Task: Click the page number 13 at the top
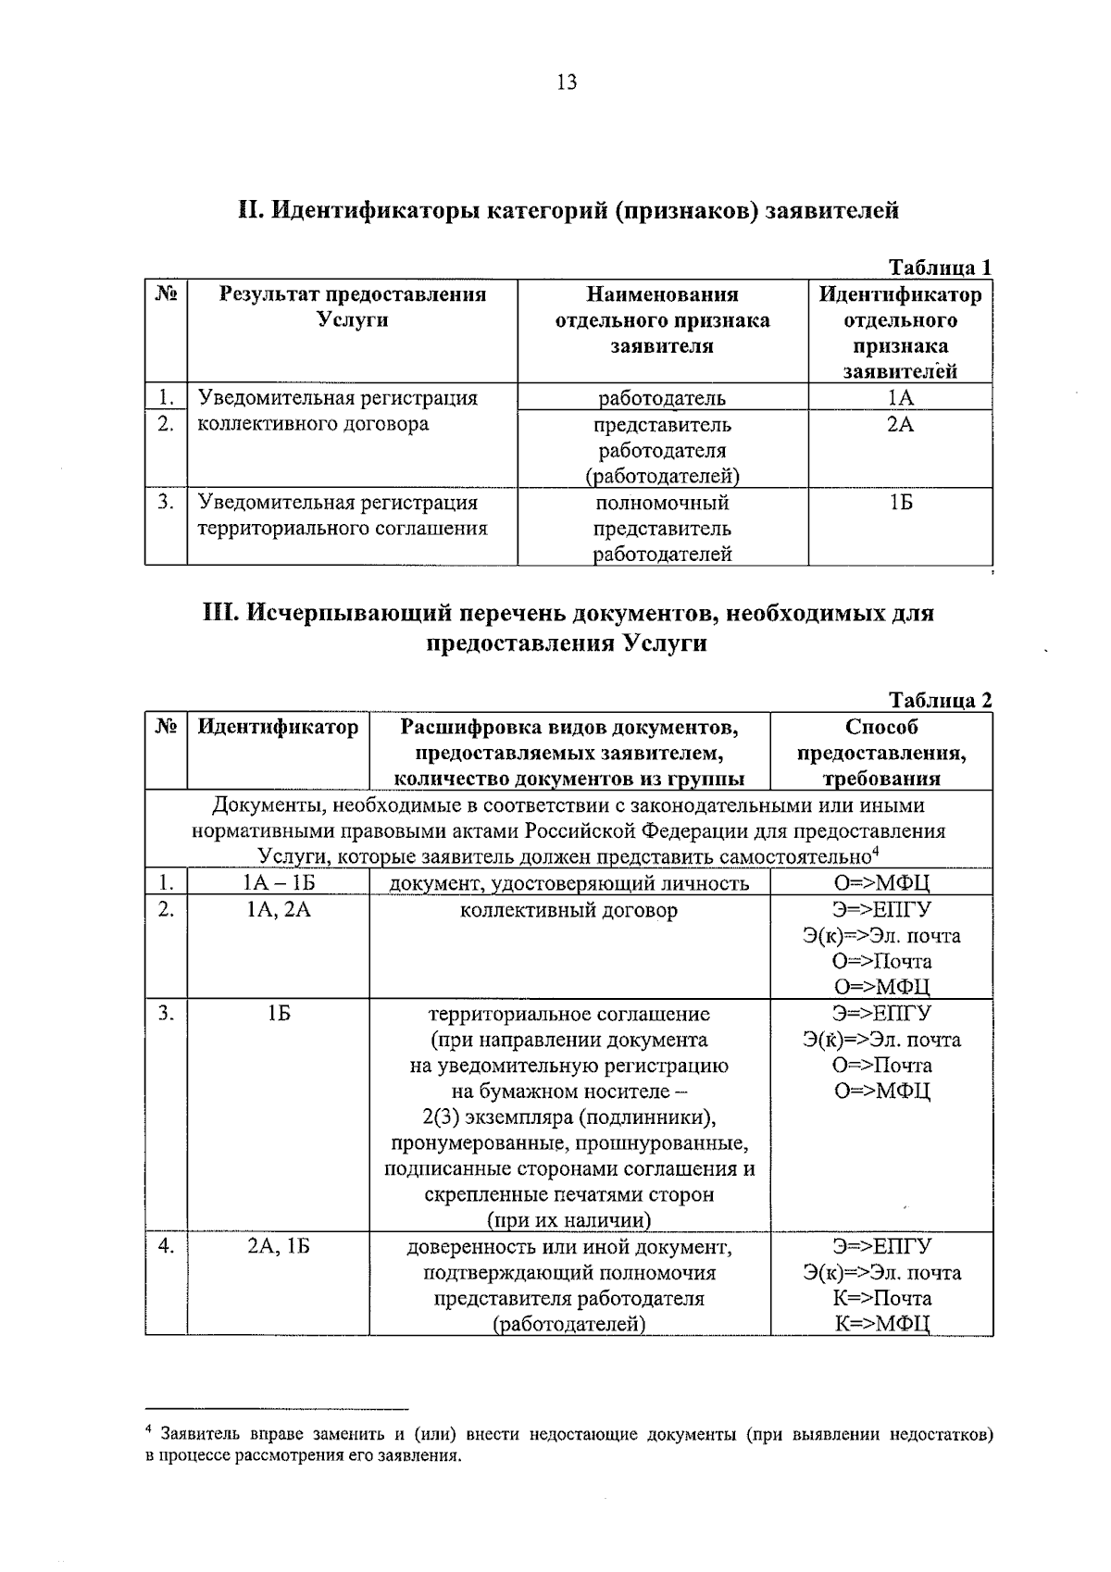click(x=567, y=83)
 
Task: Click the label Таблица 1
click(x=940, y=268)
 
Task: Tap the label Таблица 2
click(x=940, y=700)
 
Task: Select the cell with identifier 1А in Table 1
click(x=900, y=398)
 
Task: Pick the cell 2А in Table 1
click(x=900, y=425)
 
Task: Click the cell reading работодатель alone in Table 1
click(x=662, y=399)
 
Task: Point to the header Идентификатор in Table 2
click(x=278, y=728)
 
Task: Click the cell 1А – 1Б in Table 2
click(x=278, y=883)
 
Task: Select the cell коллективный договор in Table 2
click(x=568, y=910)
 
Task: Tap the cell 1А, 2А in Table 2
click(x=278, y=910)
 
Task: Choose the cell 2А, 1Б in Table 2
click(x=278, y=1247)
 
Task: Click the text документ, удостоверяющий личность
click(x=568, y=883)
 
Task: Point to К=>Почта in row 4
click(x=881, y=1298)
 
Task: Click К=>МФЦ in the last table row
click(x=881, y=1324)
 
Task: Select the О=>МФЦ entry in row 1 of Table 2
click(x=881, y=883)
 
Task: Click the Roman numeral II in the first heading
click(x=251, y=211)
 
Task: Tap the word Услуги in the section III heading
click(x=665, y=643)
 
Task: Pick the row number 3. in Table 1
click(x=166, y=503)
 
